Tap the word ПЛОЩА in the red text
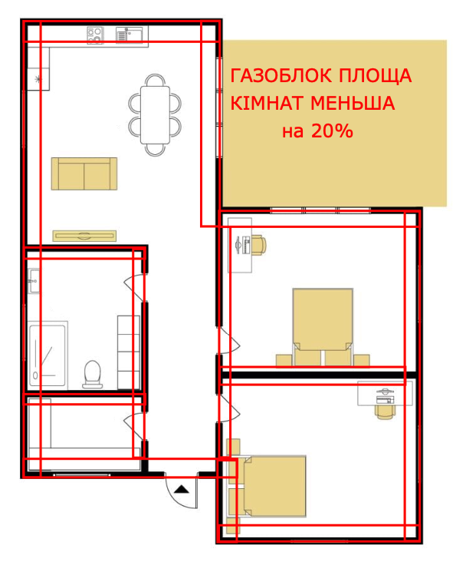[379, 77]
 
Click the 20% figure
[332, 131]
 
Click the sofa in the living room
[84, 173]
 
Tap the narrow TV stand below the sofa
[84, 235]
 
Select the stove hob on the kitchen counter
[95, 35]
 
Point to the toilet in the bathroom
[93, 373]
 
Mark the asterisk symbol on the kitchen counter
[38, 78]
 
